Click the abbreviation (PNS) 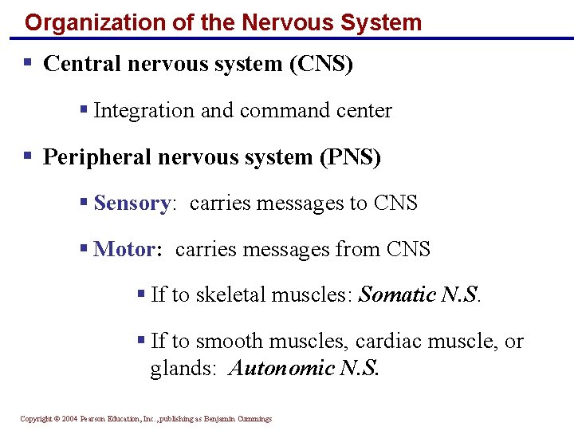(350, 157)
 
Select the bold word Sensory (131, 204)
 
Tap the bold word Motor (125, 250)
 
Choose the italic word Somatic (397, 295)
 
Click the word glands (180, 368)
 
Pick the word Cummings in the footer (252, 418)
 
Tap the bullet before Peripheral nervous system (27, 156)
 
